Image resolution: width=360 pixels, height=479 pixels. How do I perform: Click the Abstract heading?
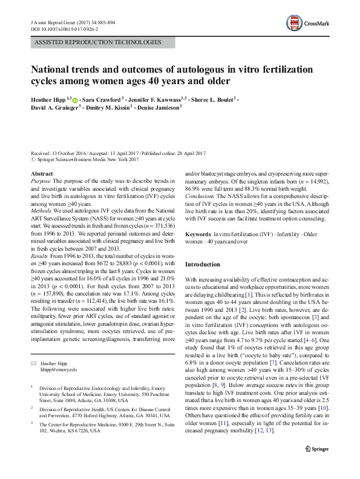click(42, 174)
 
